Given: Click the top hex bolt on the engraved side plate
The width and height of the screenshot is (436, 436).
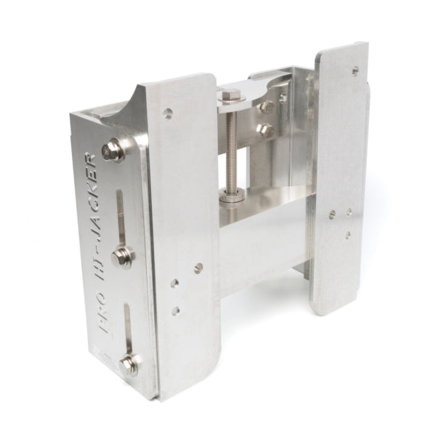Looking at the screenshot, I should click(113, 151).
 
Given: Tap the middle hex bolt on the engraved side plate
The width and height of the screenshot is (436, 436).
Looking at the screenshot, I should click(121, 257).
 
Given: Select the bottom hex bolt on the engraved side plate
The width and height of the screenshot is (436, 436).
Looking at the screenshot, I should click(129, 366).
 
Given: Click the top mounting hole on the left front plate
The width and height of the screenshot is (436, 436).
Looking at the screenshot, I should click(168, 113).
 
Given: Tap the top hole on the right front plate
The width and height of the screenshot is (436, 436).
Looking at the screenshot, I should click(355, 70).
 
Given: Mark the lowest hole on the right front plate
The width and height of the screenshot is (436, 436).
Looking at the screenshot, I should click(348, 235).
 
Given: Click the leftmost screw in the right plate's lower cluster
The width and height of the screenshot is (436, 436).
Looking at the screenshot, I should click(332, 215).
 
